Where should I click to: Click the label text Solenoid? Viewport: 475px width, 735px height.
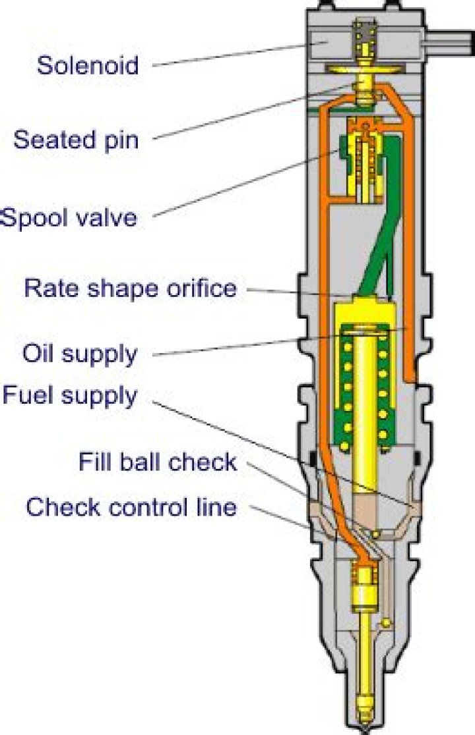(88, 65)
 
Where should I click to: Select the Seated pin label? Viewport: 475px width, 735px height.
(76, 140)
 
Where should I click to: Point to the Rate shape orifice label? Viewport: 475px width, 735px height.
(130, 288)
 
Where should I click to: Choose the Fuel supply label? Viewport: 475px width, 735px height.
(70, 395)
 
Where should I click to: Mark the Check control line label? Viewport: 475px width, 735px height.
(131, 507)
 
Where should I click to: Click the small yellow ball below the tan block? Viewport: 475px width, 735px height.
(375, 532)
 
